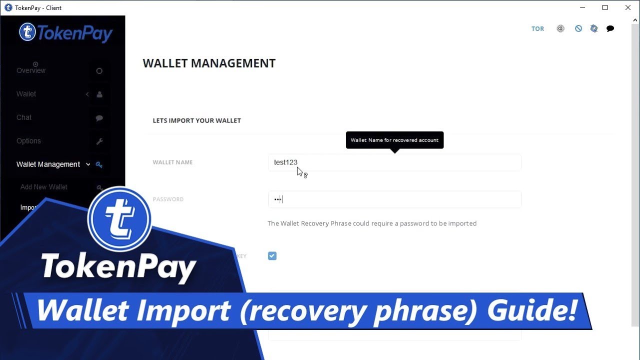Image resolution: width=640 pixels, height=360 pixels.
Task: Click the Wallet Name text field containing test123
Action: [x=394, y=162]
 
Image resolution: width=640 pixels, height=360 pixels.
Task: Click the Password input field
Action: [x=394, y=199]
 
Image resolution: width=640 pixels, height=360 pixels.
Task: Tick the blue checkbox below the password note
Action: [x=272, y=256]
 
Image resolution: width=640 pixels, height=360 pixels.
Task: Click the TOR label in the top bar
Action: [x=537, y=29]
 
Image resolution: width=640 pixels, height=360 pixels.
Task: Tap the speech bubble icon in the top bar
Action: [x=610, y=29]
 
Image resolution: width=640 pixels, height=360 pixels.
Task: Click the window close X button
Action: [x=628, y=7]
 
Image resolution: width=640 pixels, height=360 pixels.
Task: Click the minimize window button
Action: [x=582, y=7]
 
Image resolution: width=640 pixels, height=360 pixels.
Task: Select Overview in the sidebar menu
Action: [x=31, y=70]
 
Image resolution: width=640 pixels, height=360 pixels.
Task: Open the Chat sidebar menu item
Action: [x=24, y=117]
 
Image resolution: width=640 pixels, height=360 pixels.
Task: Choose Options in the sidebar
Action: [x=28, y=141]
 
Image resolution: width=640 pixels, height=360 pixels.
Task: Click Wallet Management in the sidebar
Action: [x=48, y=164]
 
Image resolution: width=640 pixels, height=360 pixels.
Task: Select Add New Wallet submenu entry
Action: [x=44, y=187]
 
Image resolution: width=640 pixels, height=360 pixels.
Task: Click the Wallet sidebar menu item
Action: [x=26, y=94]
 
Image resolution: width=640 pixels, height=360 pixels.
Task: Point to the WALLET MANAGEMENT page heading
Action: [x=209, y=63]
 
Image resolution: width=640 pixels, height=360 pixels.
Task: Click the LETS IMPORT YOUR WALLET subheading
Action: [x=196, y=120]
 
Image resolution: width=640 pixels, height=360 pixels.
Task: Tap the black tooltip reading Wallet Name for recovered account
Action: [x=394, y=140]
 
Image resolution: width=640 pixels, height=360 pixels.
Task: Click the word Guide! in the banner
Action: [x=533, y=310]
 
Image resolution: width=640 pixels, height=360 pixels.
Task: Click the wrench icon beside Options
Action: [x=99, y=141]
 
